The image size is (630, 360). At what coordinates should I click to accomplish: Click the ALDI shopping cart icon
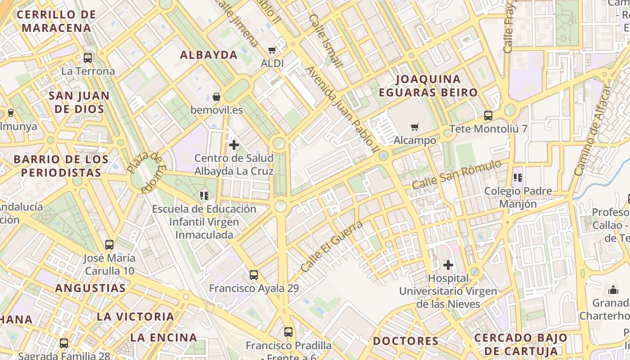[272, 50]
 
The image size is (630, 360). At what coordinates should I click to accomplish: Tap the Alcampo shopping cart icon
[414, 127]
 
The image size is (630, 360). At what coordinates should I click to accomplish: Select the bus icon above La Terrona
[88, 58]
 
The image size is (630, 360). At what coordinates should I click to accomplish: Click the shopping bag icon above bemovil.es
[216, 97]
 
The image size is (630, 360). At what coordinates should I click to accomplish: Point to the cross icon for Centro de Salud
[234, 145]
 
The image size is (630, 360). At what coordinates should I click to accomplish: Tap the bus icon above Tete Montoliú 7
[488, 116]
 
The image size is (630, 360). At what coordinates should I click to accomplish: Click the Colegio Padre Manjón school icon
[518, 178]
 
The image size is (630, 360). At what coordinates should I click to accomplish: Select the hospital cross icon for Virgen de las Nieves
[448, 265]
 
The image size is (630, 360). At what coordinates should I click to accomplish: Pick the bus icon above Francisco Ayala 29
[254, 274]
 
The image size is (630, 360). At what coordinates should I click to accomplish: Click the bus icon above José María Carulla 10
[109, 245]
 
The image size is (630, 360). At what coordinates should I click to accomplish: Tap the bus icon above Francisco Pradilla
[288, 332]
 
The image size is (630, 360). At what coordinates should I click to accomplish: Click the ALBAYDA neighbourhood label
[209, 55]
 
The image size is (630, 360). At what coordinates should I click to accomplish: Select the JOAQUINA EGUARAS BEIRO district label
[428, 86]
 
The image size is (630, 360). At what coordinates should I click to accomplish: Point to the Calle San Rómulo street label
[456, 175]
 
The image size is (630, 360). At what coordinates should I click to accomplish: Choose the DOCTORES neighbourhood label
[405, 341]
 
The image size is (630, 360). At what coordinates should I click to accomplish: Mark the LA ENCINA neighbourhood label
[164, 337]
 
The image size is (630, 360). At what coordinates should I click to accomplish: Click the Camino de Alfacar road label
[594, 130]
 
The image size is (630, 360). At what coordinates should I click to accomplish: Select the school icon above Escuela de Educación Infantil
[204, 195]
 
